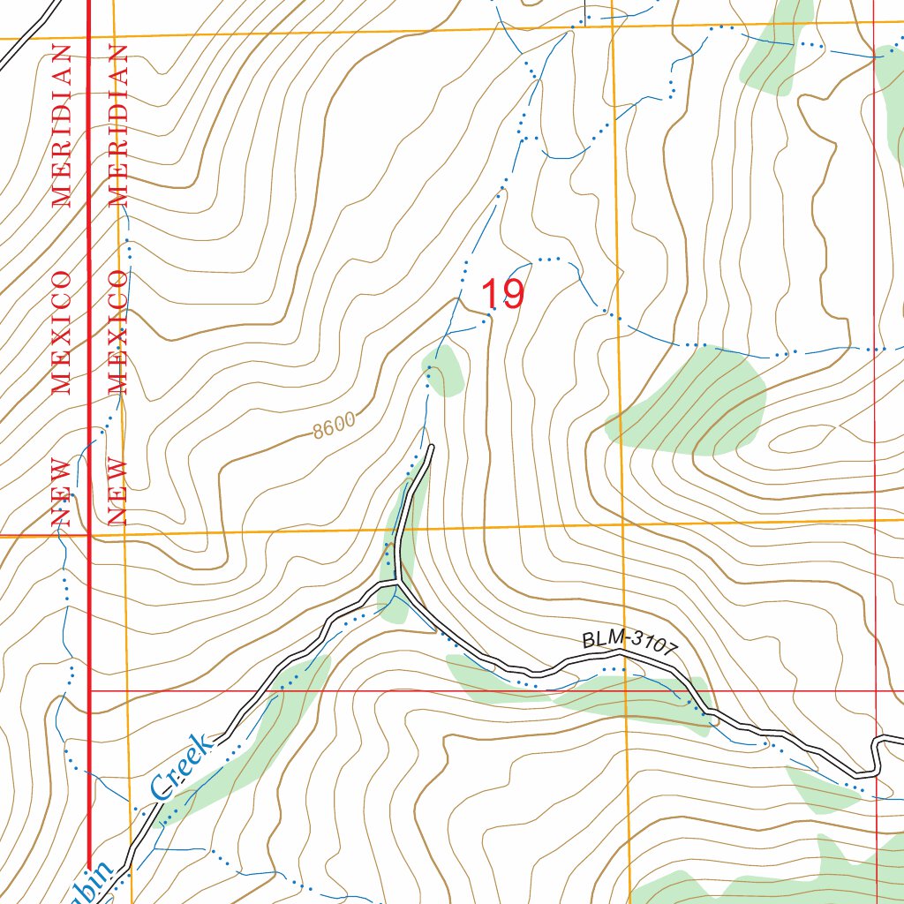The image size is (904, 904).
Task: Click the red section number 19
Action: [502, 294]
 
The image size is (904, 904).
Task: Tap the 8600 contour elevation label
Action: [334, 426]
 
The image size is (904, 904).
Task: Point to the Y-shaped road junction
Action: [399, 584]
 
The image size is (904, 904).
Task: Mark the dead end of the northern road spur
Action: [431, 448]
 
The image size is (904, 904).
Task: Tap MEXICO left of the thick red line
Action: [61, 331]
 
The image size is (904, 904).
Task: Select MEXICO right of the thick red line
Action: [118, 331]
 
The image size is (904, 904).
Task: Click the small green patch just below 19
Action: [444, 370]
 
